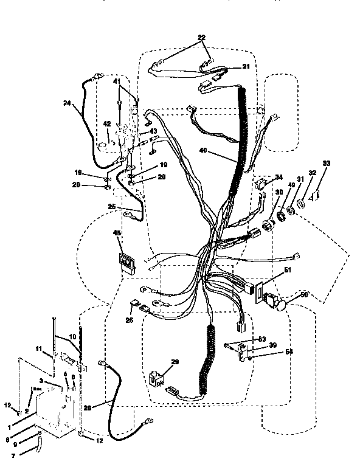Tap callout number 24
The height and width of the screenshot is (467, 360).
point(67,103)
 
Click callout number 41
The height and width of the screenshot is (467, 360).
point(116,80)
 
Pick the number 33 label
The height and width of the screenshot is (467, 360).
point(326,163)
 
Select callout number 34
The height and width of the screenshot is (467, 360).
point(279,177)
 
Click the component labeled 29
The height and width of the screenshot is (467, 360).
point(157,377)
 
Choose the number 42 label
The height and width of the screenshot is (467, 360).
point(107,123)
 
